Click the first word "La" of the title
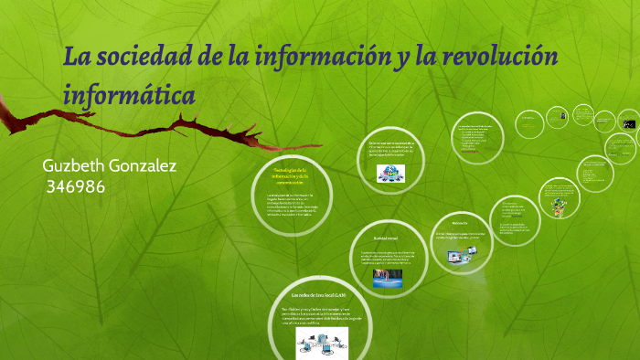76,58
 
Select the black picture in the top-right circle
628,122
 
